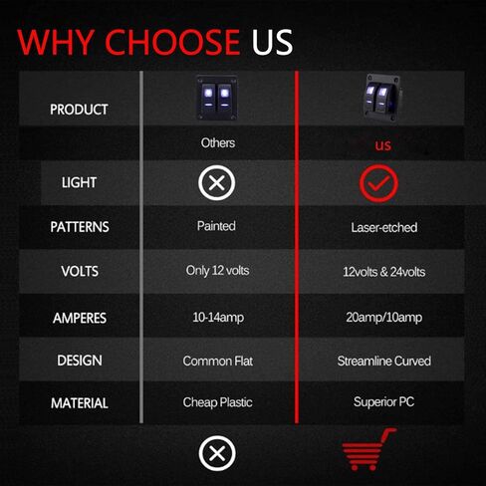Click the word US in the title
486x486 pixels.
[x=272, y=42]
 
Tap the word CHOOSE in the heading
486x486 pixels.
[x=172, y=42]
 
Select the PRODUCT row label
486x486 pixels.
[x=79, y=110]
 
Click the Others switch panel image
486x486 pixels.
[x=217, y=98]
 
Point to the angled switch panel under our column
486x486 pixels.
[x=382, y=98]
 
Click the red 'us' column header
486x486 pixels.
[x=383, y=145]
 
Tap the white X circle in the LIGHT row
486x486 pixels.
[x=217, y=183]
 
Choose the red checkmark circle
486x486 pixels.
[x=378, y=183]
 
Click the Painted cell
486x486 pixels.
[x=216, y=226]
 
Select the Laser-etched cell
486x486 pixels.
[x=384, y=228]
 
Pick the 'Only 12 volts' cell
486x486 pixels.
[x=217, y=271]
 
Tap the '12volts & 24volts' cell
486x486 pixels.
[x=384, y=272]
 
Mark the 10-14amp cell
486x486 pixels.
[x=218, y=318]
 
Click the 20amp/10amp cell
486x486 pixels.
[x=384, y=318]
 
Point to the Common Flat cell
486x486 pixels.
[x=218, y=361]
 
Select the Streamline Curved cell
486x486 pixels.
[x=384, y=361]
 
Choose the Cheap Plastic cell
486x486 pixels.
[x=217, y=402]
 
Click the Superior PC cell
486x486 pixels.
[x=383, y=402]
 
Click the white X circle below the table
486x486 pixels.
[x=217, y=453]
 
